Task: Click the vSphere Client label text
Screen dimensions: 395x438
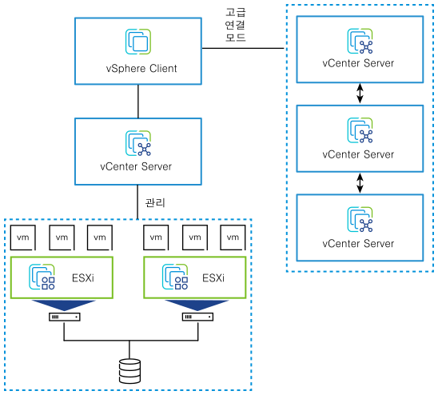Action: [140, 68]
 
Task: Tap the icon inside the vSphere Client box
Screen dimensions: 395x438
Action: [139, 42]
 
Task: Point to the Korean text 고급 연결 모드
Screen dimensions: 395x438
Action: [236, 23]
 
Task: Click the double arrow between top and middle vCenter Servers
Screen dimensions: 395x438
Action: [360, 94]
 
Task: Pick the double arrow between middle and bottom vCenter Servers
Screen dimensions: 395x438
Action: [360, 183]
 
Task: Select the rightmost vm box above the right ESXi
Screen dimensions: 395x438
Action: [234, 237]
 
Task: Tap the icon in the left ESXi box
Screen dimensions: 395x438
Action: [42, 277]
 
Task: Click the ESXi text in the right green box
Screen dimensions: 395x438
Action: [213, 278]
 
